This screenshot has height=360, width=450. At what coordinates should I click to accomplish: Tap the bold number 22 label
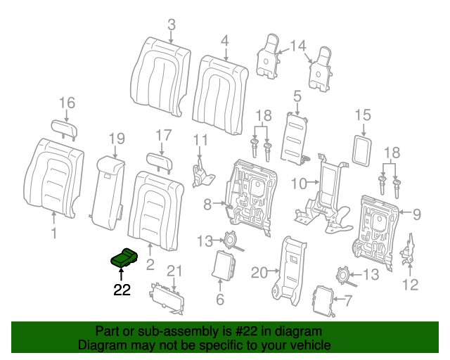point(122,290)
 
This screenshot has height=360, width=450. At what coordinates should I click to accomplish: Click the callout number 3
point(171,26)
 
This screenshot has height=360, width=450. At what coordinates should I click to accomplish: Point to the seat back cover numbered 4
point(221,84)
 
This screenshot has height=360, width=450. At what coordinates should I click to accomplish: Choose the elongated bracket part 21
point(168,299)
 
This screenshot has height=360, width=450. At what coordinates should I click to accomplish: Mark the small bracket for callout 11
point(200,173)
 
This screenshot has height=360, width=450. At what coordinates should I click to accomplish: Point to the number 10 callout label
point(298,184)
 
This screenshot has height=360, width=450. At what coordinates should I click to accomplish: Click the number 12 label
point(409,284)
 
